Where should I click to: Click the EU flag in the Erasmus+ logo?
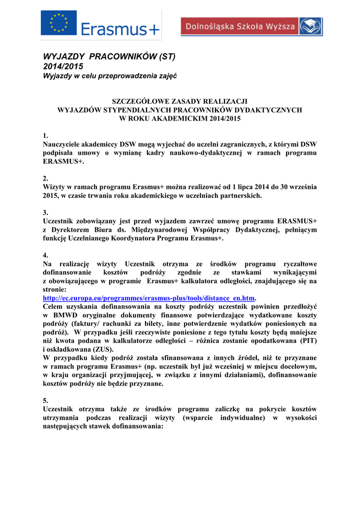pos(59,23)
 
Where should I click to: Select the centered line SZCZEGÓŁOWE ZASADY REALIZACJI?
pos(180,101)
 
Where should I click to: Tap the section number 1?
pos(46,136)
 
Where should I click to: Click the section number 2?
pos(46,178)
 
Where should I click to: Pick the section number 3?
pos(46,212)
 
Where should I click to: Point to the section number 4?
pos(46,254)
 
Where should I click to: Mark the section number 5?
pos(46,400)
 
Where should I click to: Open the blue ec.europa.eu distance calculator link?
pos(148,298)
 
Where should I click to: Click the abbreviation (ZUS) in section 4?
pos(120,349)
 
